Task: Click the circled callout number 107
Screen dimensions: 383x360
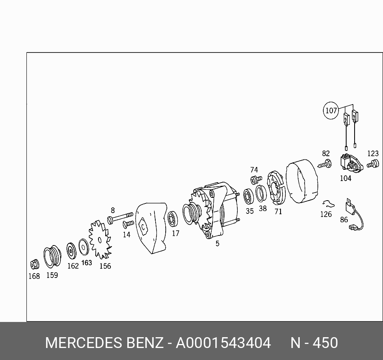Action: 331,111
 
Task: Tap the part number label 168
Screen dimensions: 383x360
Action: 34,276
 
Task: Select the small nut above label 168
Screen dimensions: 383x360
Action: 35,264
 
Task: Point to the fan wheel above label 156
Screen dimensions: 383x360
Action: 100,240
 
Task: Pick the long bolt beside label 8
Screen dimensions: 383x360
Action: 120,217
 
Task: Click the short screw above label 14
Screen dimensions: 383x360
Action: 128,223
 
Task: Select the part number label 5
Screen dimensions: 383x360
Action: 217,243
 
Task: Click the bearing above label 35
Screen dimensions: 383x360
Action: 249,196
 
